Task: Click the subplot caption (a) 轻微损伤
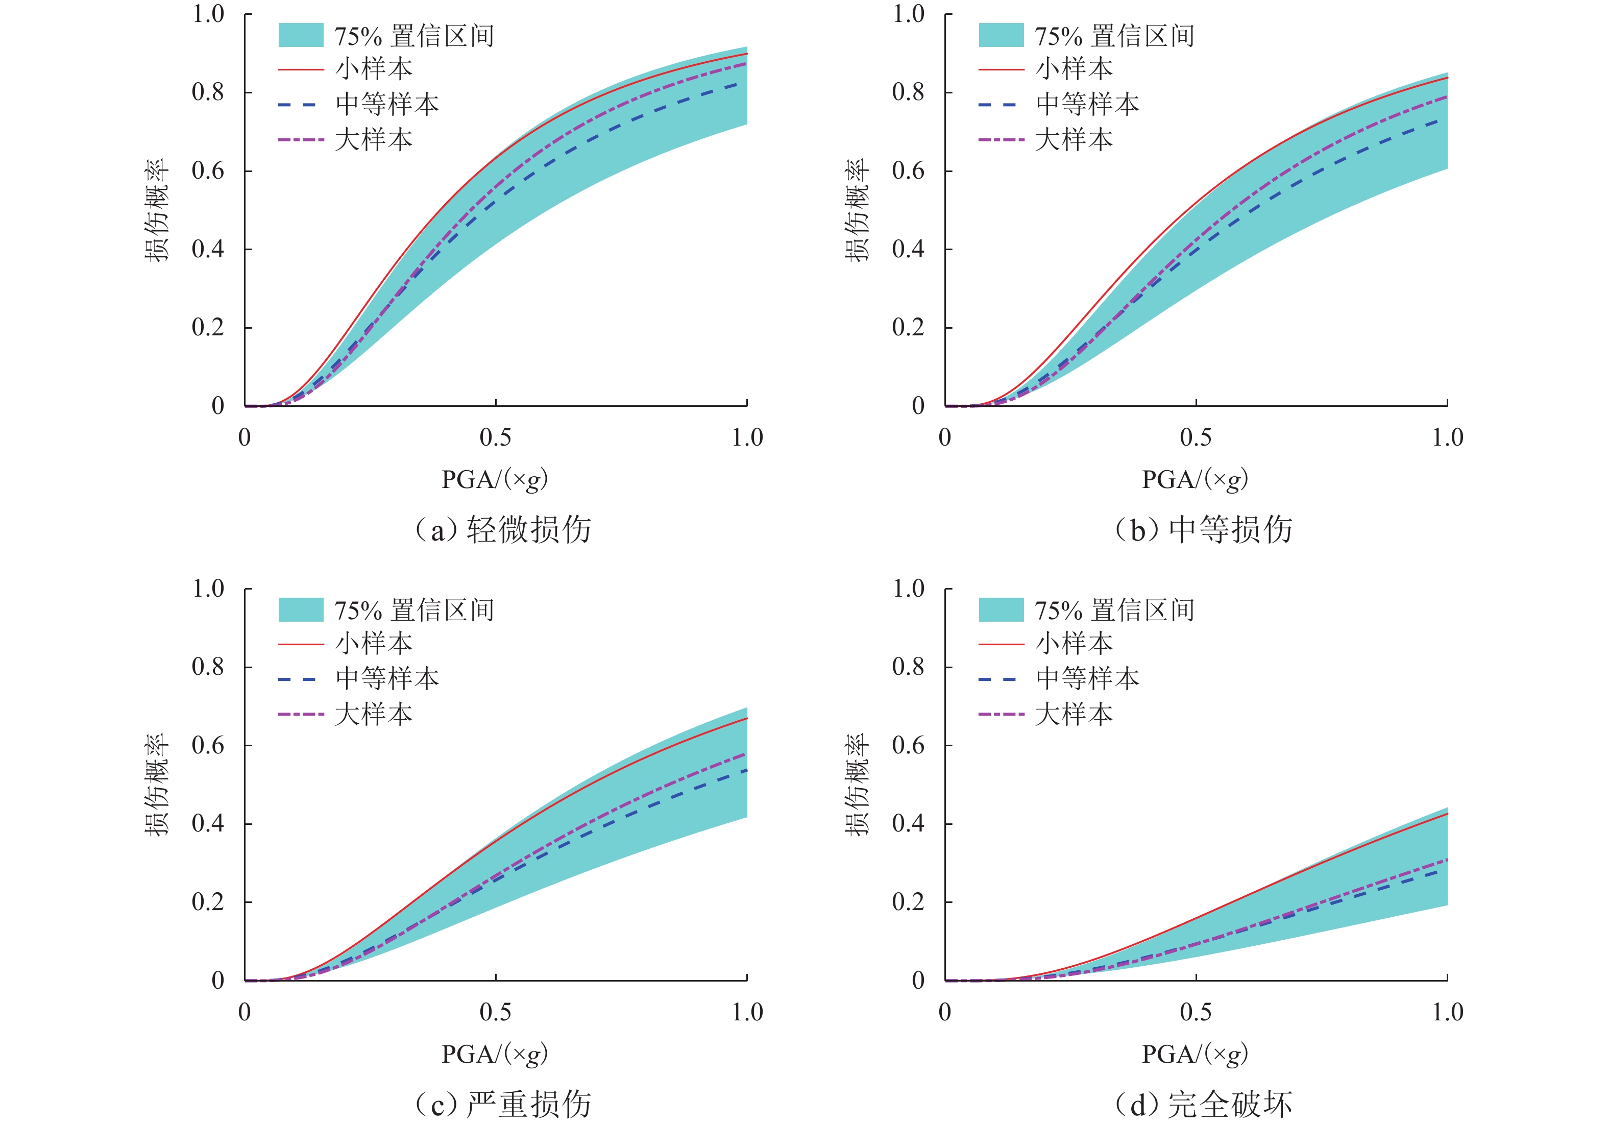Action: point(503,529)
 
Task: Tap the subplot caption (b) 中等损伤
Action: point(1204,529)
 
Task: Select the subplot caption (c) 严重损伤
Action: point(503,1104)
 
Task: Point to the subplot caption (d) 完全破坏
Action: point(1204,1104)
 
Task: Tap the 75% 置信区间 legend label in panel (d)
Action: point(1114,610)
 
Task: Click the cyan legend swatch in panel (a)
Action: point(301,36)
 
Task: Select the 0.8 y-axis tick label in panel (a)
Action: point(208,92)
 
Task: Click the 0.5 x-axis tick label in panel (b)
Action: point(1196,438)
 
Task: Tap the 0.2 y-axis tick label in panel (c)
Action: point(208,901)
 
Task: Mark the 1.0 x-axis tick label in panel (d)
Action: point(1447,1012)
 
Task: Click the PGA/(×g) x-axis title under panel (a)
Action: point(495,480)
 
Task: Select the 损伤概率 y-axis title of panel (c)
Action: point(157,785)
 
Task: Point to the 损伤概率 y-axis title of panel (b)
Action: point(857,210)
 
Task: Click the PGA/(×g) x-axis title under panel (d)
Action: point(1195,1054)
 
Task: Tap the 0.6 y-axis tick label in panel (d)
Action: point(908,745)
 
